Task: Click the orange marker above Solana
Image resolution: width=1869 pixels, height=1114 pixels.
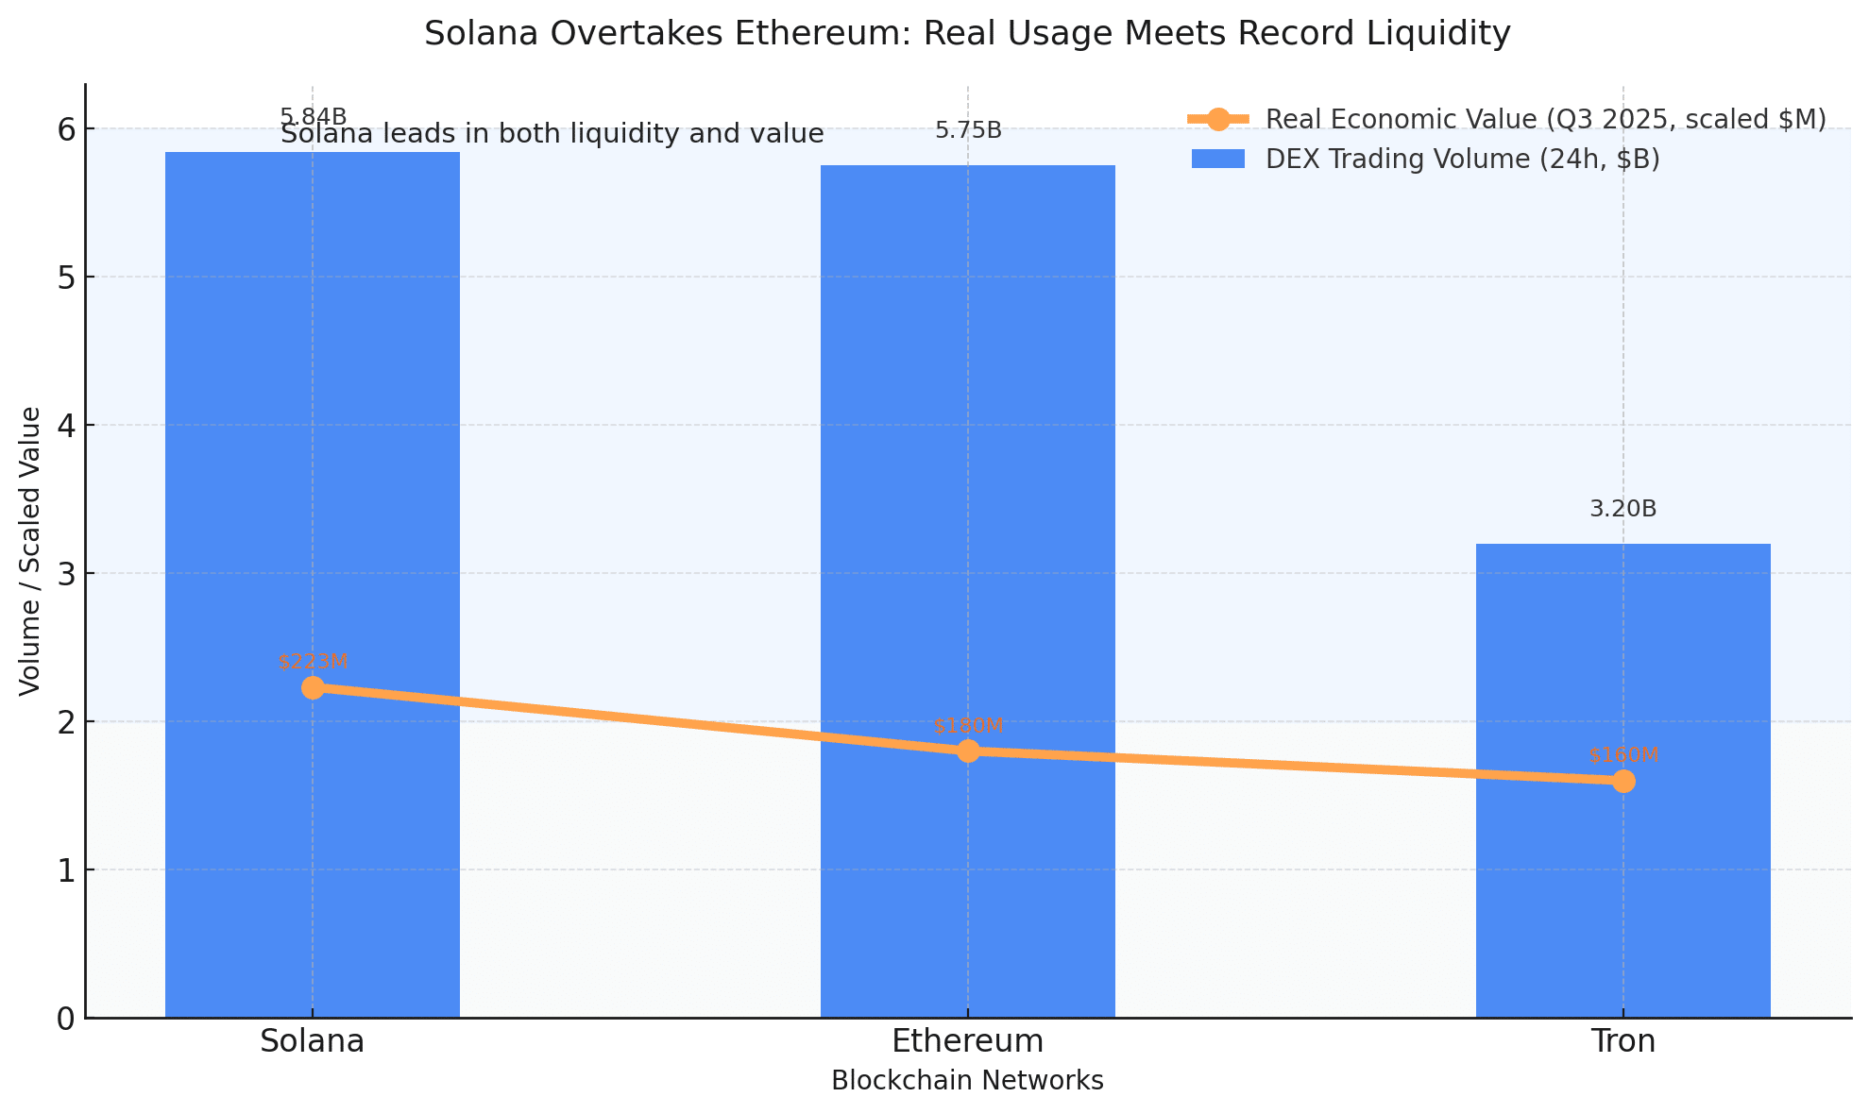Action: [313, 687]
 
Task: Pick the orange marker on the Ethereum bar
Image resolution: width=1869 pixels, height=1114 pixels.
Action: [968, 751]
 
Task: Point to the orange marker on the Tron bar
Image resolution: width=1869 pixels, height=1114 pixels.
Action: [1623, 781]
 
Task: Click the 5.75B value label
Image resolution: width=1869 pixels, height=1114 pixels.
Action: [968, 131]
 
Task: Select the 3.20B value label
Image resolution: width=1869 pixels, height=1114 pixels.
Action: [1623, 510]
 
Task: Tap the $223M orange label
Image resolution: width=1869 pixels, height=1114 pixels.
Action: [313, 662]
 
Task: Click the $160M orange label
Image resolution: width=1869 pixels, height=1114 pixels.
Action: [1623, 755]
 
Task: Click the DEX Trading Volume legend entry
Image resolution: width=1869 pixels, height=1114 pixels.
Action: [1462, 160]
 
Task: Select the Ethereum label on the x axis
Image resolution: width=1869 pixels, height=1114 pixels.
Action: [968, 1041]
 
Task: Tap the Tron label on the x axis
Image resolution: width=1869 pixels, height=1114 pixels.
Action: [1623, 1041]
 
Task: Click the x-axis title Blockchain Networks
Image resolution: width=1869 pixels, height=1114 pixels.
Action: [967, 1081]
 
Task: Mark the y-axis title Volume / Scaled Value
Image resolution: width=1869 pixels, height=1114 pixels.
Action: [30, 551]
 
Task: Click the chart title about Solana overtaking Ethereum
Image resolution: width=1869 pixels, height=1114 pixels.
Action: [967, 34]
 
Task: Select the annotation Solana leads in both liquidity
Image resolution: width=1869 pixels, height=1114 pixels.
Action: [552, 135]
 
